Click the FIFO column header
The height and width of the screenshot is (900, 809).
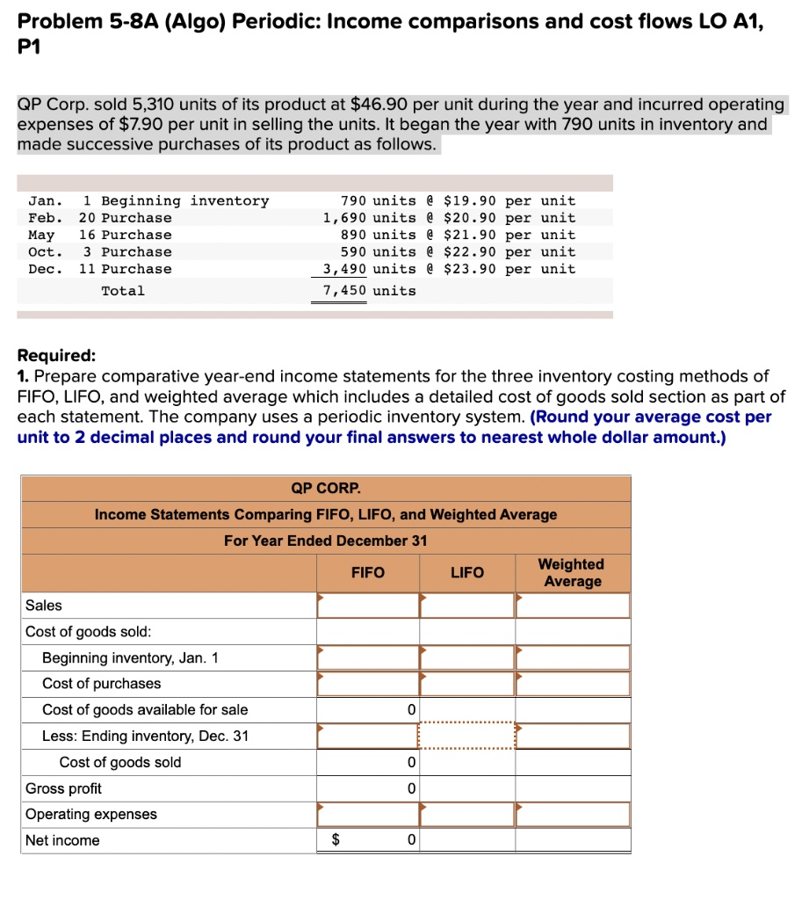click(367, 573)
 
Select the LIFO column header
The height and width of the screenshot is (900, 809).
click(466, 573)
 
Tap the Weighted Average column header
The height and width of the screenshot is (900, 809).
click(572, 573)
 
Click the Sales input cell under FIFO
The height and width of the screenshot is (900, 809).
click(367, 606)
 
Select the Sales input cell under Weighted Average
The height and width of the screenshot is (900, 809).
click(573, 606)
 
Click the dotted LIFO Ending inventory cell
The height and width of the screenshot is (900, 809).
click(466, 736)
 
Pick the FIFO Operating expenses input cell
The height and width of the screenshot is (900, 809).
click(367, 815)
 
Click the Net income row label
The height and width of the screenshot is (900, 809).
click(62, 841)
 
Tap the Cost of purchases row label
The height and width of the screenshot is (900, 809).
click(102, 684)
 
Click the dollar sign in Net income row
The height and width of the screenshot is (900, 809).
click(335, 841)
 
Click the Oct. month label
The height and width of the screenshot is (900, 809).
click(45, 252)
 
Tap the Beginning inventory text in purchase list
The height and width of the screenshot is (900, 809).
click(184, 201)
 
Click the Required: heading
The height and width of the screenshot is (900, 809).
click(57, 356)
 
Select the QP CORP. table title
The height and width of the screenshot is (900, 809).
click(326, 489)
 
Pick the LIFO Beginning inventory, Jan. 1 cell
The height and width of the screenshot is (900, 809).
click(466, 657)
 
